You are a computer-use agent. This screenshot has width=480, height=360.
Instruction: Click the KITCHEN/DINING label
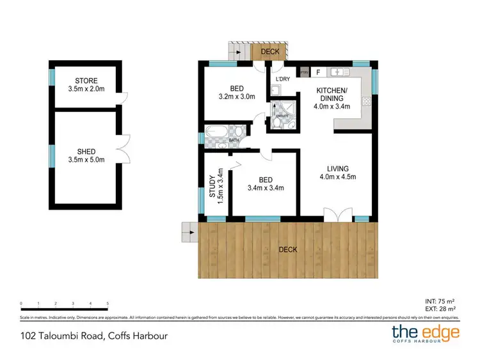coord(331,95)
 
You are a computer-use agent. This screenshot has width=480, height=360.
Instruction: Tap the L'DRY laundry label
coord(282,79)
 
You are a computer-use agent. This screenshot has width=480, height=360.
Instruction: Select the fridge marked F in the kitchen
coord(318,72)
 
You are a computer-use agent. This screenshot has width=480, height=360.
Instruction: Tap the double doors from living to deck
coord(337,215)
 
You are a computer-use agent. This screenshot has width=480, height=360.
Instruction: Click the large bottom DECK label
coord(287,249)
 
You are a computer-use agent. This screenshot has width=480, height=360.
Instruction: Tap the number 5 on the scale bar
coord(108,304)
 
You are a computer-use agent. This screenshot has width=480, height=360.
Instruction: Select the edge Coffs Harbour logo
coord(426,333)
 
